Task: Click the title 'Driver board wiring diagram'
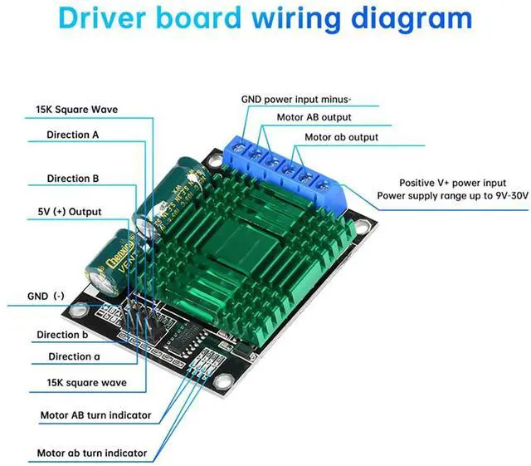[265, 18]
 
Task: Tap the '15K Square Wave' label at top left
[76, 109]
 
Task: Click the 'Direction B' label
[73, 178]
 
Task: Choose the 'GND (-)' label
[46, 296]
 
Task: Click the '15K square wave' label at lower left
[87, 383]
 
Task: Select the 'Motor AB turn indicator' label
[95, 414]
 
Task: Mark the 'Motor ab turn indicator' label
[92, 454]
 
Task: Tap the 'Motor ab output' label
[341, 137]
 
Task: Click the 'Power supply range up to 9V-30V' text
[452, 196]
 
